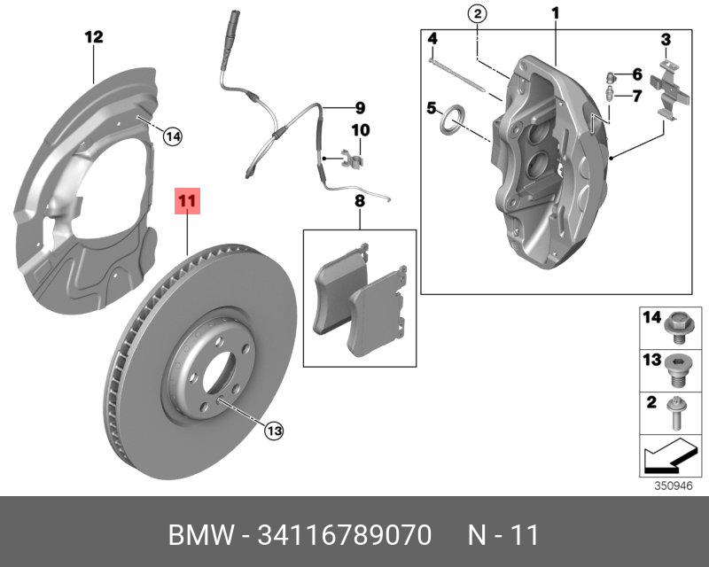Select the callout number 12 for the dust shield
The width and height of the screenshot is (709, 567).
pyautogui.click(x=94, y=37)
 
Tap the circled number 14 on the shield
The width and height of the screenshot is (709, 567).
pyautogui.click(x=172, y=136)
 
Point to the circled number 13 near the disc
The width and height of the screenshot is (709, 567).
pyautogui.click(x=273, y=431)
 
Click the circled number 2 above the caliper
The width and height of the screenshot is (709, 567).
pyautogui.click(x=476, y=13)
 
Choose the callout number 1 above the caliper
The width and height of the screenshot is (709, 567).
pyautogui.click(x=556, y=13)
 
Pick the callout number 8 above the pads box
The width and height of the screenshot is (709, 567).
pyautogui.click(x=360, y=202)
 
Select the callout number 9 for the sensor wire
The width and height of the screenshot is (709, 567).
pyautogui.click(x=360, y=109)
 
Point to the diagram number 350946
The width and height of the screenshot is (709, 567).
pyautogui.click(x=671, y=485)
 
